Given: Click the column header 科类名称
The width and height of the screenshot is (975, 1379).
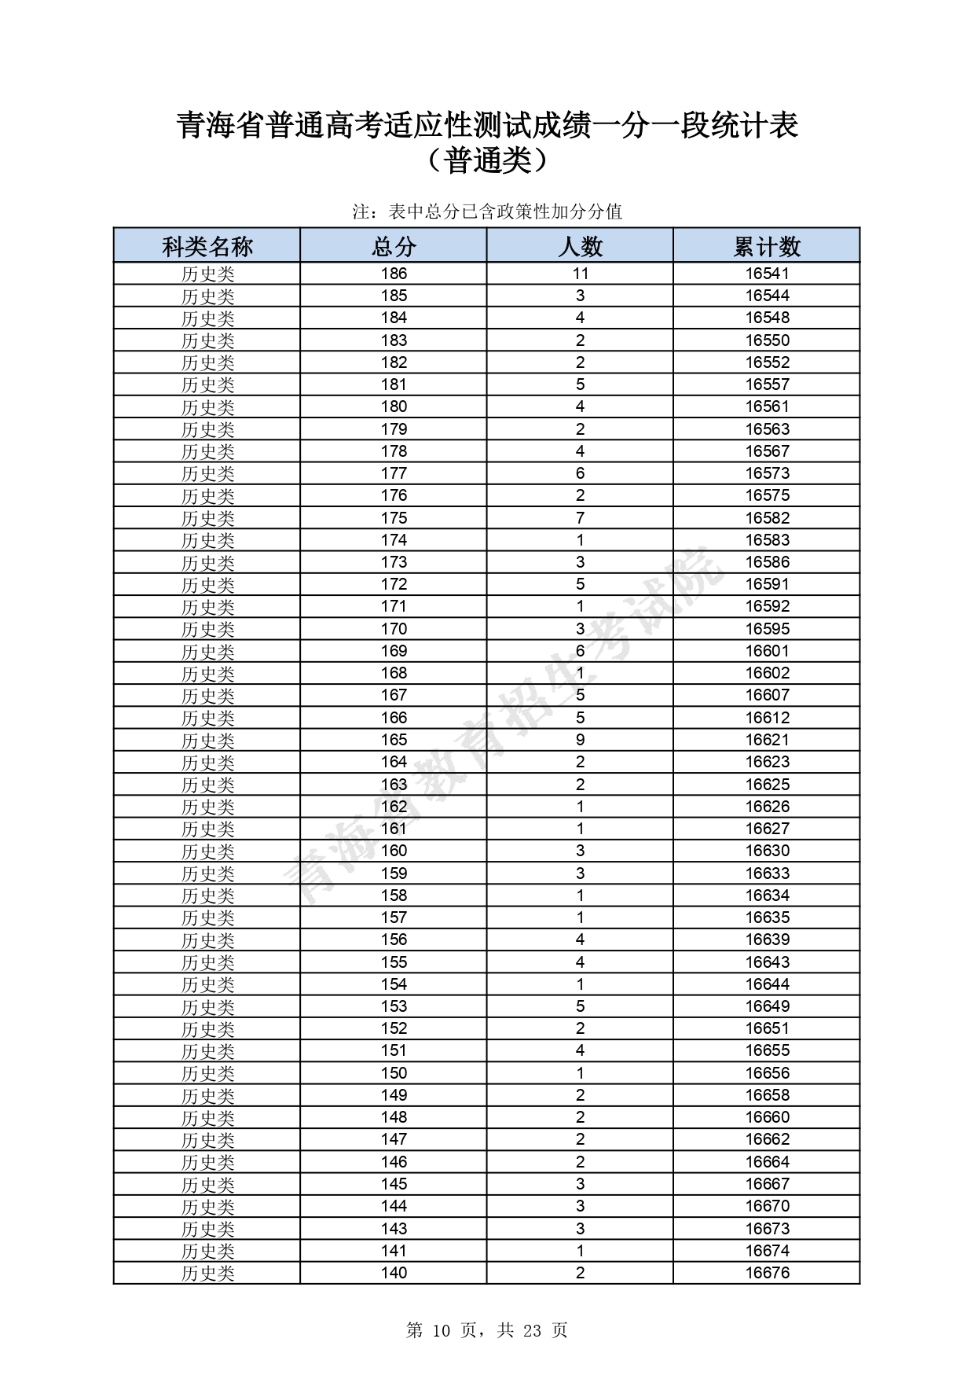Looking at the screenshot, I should point(207,246).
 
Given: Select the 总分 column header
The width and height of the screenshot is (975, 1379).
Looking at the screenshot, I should point(393,246).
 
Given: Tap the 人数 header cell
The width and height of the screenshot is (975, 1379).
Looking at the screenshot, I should point(580,246).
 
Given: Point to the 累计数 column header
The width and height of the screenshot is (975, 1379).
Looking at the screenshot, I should point(767,246).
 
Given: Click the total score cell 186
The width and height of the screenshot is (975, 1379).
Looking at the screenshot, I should point(394,274).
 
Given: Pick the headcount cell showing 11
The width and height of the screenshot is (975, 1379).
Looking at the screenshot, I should point(581,274).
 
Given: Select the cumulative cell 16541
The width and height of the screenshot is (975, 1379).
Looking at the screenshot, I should point(768,274).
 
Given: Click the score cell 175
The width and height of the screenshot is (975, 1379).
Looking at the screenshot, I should point(394,518).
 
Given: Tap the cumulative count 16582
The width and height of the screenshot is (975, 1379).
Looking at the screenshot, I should point(768,518).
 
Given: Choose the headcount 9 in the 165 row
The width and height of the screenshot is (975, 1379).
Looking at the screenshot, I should point(581,740).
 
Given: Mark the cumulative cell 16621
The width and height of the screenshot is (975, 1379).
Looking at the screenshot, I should point(768,740).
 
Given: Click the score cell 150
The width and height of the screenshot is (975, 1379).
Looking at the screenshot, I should point(394,1073).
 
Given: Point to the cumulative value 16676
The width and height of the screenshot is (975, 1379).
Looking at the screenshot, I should point(768,1273).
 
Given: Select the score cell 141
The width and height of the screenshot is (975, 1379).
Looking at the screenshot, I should point(394,1251).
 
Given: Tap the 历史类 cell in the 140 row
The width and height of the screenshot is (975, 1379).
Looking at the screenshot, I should point(207,1274).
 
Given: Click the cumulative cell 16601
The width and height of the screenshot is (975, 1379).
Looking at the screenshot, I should point(768,651).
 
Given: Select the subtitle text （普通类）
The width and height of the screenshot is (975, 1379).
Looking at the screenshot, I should point(487,161).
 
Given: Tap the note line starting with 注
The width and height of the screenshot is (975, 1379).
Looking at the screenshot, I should point(487,211).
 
